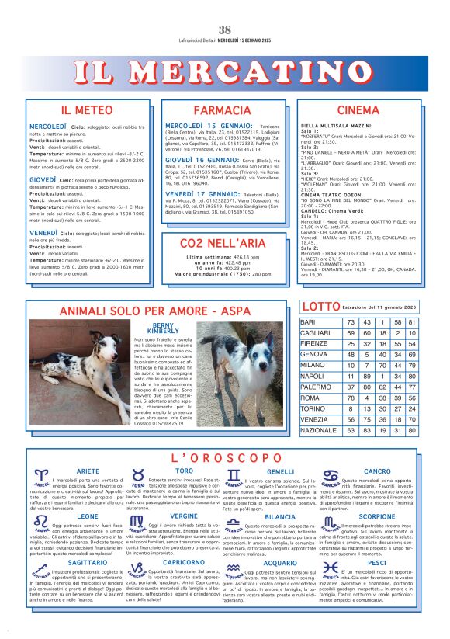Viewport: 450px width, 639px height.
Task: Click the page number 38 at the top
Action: pos(224,29)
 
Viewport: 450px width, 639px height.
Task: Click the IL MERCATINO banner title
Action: pos(224,75)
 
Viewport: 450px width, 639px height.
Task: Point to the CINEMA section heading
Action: pos(358,110)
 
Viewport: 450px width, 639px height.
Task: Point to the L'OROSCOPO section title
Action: pos(226,458)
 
